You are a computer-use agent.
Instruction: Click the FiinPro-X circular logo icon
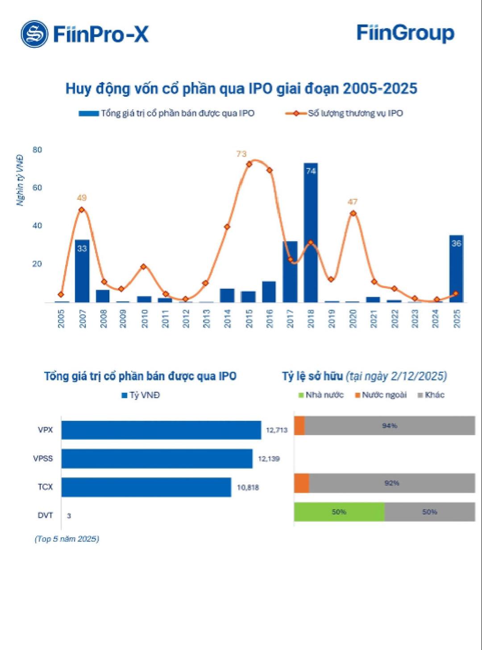tap(34, 34)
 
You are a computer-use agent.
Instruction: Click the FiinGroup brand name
tap(405, 33)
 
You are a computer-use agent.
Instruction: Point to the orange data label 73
tap(241, 154)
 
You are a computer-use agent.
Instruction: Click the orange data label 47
tap(352, 202)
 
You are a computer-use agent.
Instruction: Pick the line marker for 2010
tap(143, 267)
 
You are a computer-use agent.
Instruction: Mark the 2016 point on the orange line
tap(269, 170)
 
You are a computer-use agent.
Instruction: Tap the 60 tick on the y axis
tap(37, 188)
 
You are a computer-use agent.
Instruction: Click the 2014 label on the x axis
tap(228, 318)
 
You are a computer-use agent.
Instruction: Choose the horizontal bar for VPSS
tap(157, 458)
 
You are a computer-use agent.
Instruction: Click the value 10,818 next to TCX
tap(248, 487)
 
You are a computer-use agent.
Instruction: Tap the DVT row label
tap(45, 515)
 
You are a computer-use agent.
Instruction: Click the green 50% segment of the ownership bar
tap(339, 512)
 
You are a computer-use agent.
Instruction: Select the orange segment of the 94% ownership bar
tap(299, 426)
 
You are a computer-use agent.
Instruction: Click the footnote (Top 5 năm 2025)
tap(67, 539)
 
